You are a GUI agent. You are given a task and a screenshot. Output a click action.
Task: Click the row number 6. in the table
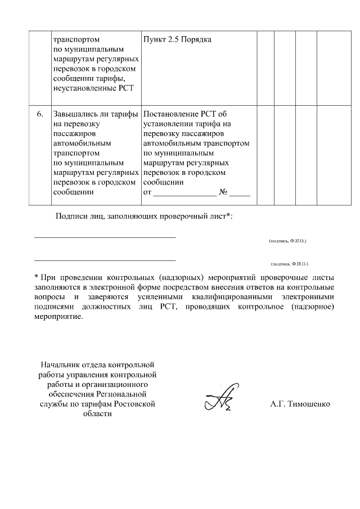coord(40,115)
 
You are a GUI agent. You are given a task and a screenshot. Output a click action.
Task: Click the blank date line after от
coord(184,195)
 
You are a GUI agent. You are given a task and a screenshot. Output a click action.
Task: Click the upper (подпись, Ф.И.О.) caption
coord(287,240)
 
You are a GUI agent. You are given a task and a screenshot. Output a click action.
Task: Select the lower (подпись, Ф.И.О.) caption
coord(289,263)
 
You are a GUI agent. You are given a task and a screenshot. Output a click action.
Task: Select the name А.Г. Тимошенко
coord(300,404)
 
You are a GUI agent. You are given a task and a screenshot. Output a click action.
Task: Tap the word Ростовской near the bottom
coord(134,404)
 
